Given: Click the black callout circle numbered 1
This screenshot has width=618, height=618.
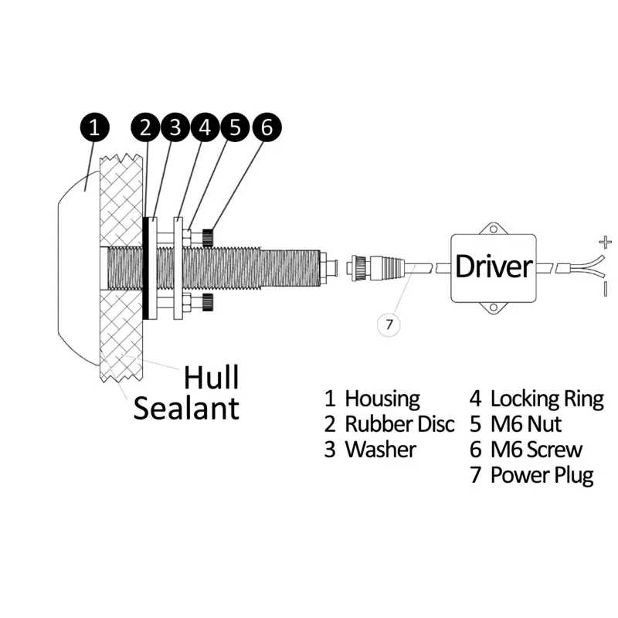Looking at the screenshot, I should [95, 127].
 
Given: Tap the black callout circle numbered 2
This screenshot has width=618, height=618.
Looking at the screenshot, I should [147, 127].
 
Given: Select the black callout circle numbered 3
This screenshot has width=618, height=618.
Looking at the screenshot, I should [176, 127].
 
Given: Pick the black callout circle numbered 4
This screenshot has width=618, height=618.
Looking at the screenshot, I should [205, 127].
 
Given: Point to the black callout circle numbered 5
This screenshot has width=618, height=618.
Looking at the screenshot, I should [235, 127].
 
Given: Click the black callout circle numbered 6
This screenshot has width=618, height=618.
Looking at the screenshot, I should [266, 127].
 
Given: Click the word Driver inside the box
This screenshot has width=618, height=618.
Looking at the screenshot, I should [494, 267].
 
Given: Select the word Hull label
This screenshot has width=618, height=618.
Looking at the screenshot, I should [211, 378].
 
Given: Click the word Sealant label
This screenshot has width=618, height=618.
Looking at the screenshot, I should [186, 407].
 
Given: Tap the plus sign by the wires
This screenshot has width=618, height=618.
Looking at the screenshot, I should [605, 243].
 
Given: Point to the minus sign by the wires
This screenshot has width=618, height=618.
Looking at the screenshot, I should [606, 288].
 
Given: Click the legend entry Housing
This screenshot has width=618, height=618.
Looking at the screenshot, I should [382, 399].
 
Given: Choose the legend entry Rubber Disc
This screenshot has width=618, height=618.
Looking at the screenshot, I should [399, 424].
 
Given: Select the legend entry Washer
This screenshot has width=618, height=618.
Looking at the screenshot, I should [379, 450].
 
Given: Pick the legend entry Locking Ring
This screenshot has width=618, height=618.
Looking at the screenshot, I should [546, 399].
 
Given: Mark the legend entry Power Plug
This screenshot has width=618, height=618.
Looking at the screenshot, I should [542, 475].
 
